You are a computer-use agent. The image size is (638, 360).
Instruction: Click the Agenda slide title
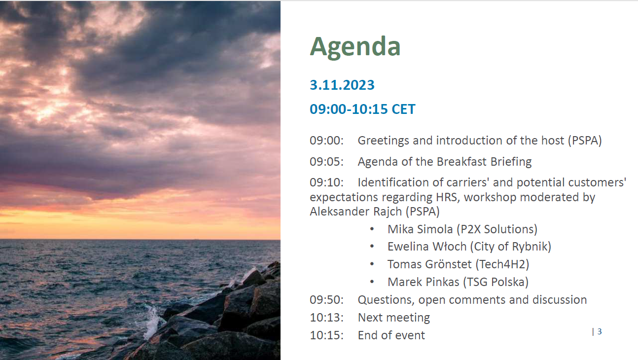click(x=355, y=47)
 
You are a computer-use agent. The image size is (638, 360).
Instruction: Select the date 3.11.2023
click(x=342, y=85)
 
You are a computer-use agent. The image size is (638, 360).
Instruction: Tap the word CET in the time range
click(x=404, y=109)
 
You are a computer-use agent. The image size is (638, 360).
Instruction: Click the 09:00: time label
click(x=327, y=141)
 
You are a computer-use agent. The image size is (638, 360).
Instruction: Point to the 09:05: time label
click(x=327, y=162)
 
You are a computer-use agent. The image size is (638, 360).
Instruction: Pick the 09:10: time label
click(x=327, y=182)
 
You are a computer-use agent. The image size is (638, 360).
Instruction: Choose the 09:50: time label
click(x=327, y=300)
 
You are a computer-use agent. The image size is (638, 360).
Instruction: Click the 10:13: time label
click(x=327, y=318)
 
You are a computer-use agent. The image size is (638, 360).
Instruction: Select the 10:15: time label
click(x=327, y=335)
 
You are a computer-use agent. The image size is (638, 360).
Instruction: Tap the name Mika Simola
click(x=420, y=229)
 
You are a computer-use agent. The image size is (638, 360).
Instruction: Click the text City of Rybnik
click(x=511, y=247)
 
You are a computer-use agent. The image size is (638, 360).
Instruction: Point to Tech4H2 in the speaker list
click(x=502, y=264)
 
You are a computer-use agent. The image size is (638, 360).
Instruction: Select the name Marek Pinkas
click(x=424, y=282)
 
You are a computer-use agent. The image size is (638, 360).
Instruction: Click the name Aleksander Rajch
click(x=356, y=212)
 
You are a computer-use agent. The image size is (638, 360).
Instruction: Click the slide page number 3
click(x=600, y=331)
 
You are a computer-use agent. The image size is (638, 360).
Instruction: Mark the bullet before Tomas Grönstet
click(x=372, y=265)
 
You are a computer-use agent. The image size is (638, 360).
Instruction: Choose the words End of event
click(x=391, y=335)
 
